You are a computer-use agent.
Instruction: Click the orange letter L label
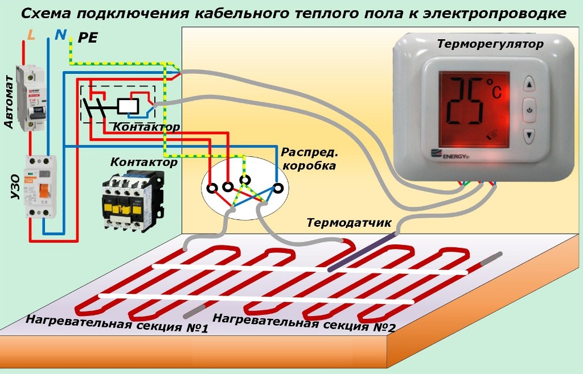[31, 35]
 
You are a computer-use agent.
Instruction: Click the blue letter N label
[60, 35]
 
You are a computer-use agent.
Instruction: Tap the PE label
[87, 38]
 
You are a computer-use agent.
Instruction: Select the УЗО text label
[15, 188]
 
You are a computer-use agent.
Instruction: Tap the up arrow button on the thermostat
[529, 85]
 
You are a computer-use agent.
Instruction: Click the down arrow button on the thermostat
[529, 135]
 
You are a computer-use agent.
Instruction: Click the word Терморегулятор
[490, 44]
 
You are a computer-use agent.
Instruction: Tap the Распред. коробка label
[309, 159]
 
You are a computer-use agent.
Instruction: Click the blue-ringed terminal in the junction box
[278, 188]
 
